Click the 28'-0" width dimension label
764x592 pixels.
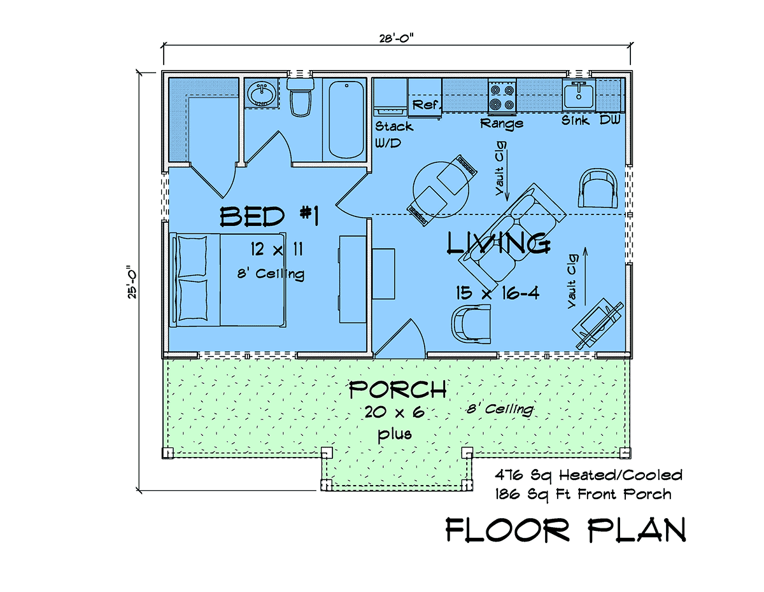(396, 38)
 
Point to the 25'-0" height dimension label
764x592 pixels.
(132, 281)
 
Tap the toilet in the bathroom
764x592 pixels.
(301, 97)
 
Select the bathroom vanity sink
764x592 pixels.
(261, 94)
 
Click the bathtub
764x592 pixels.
(346, 120)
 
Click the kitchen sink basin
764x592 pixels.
(578, 95)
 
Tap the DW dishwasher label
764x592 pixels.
(610, 120)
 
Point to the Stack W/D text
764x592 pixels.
(393, 134)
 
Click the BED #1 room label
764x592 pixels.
(269, 216)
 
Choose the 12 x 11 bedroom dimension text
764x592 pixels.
(277, 250)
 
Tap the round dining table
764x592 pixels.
(441, 190)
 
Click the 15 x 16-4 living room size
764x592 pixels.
(497, 293)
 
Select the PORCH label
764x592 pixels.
(398, 389)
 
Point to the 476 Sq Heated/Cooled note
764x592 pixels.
(588, 476)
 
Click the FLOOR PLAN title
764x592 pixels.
(566, 530)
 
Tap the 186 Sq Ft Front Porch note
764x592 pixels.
(583, 495)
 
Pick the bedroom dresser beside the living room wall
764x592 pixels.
(353, 279)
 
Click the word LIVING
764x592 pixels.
(499, 243)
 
